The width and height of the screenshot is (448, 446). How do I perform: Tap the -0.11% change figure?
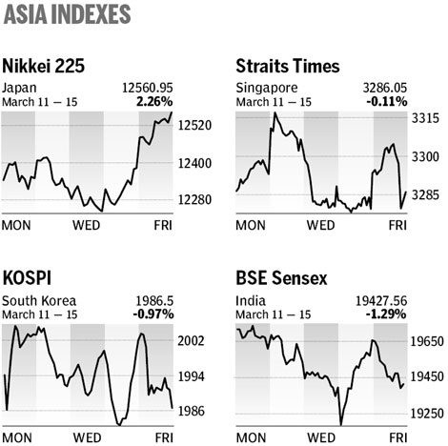388,100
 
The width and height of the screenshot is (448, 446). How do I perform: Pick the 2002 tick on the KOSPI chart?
193,341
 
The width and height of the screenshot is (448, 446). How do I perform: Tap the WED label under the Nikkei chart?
88,226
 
